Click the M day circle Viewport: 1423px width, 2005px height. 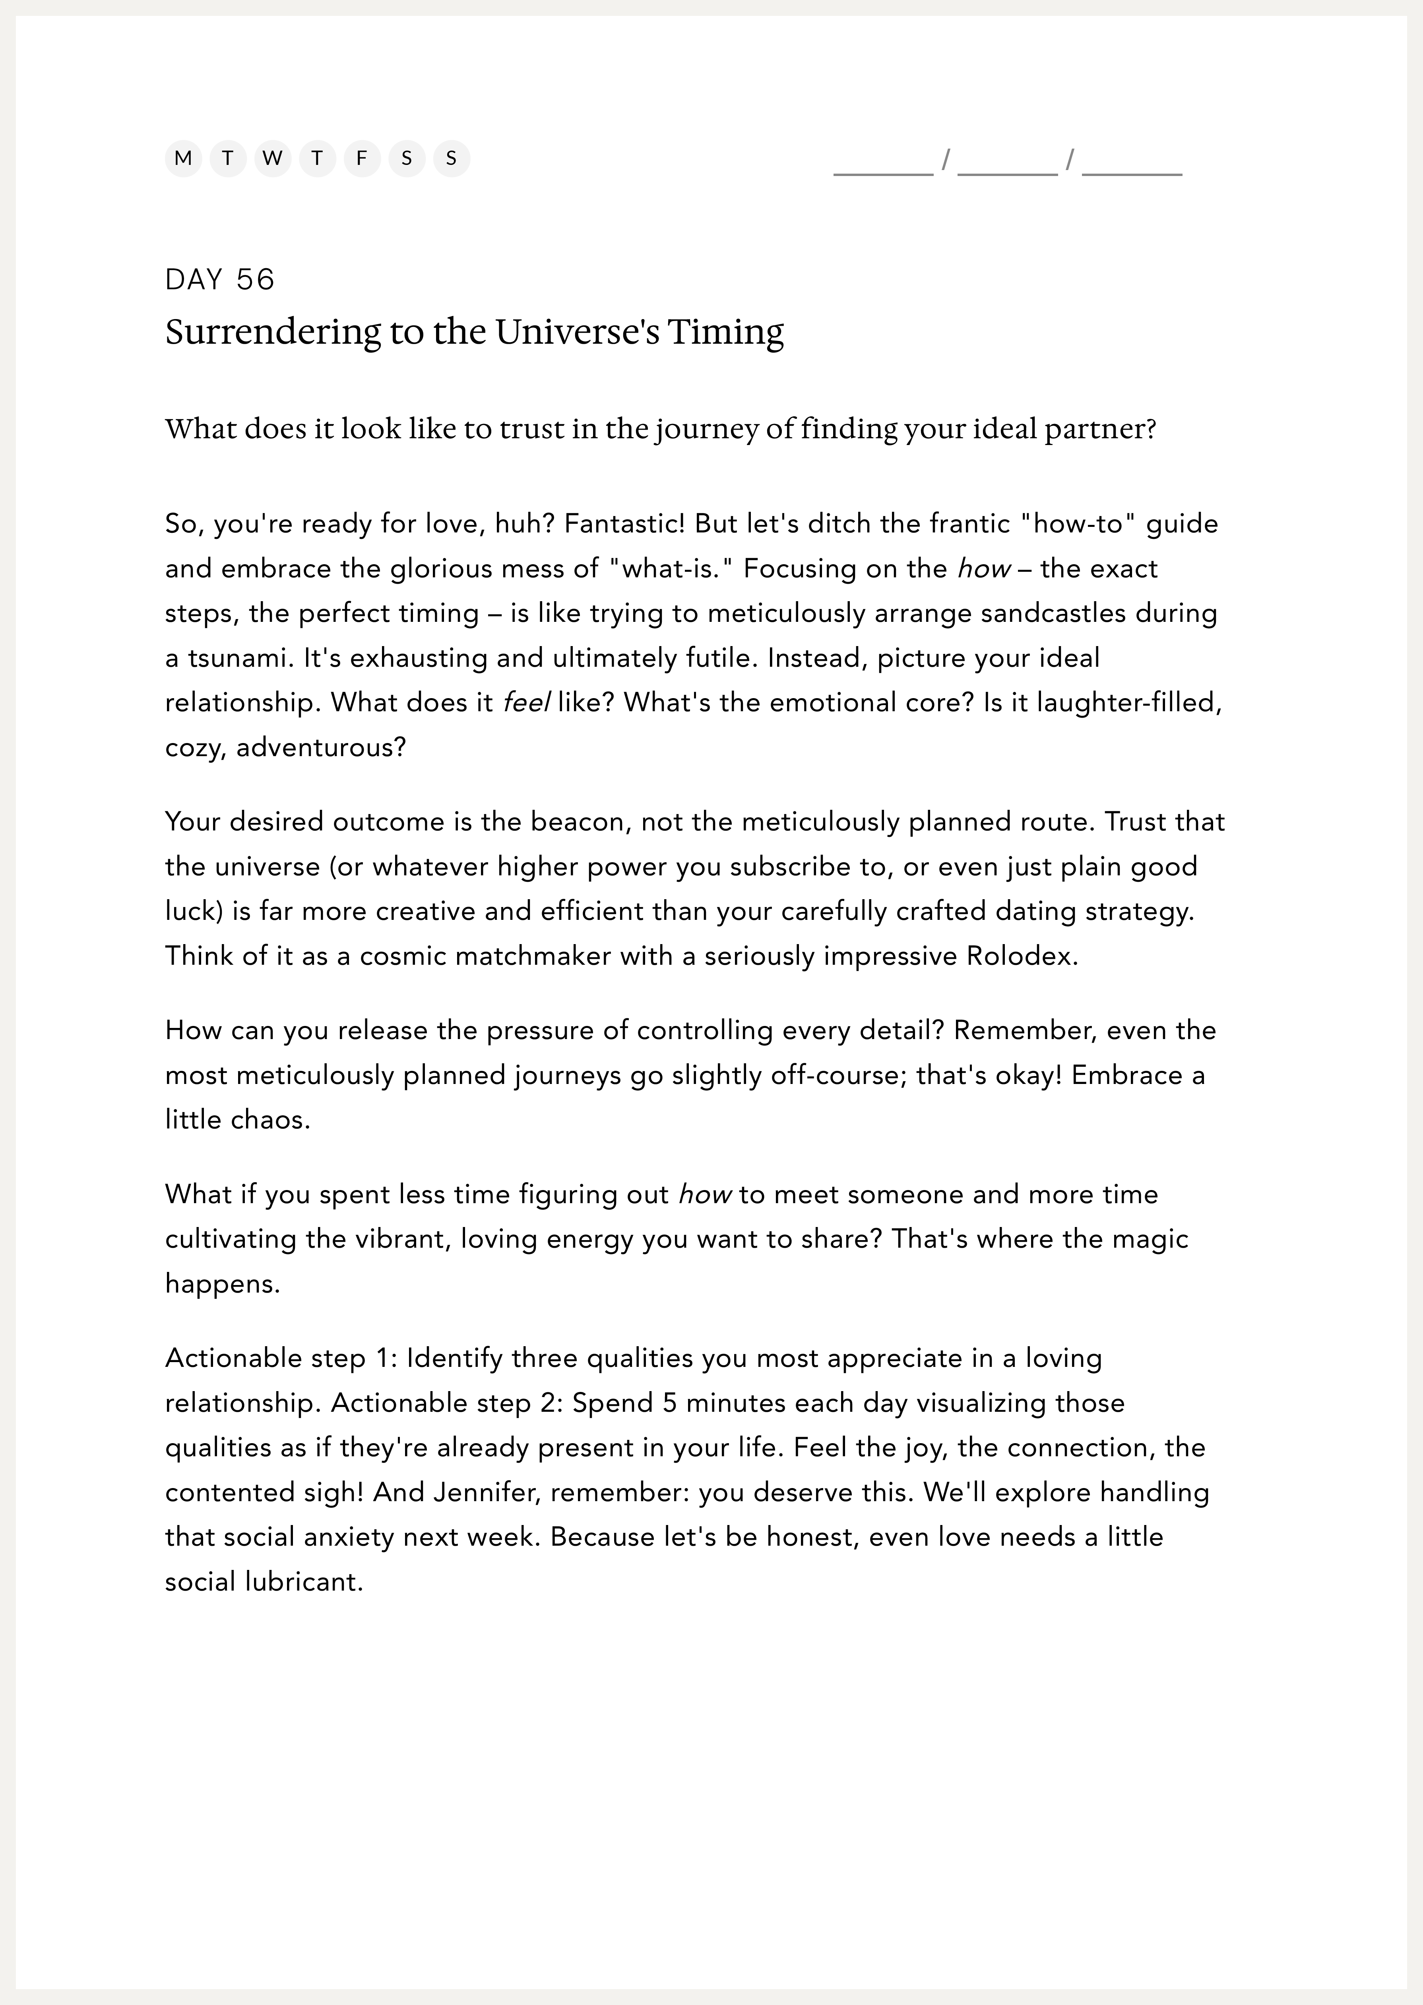(x=183, y=159)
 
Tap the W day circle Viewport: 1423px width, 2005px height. (x=273, y=159)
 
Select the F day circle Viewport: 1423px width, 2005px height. (x=362, y=159)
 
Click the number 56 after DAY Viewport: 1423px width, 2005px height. (x=255, y=279)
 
